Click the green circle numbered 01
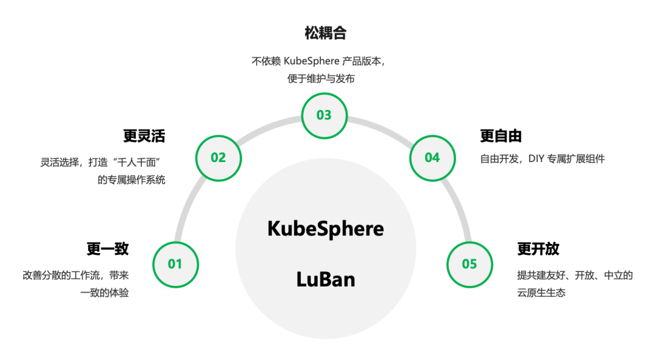[175, 265]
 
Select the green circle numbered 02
[218, 158]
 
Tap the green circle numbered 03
[324, 116]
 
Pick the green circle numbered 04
[432, 158]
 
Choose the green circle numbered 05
[469, 265]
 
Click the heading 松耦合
[325, 33]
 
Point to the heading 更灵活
[144, 136]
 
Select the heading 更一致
[108, 248]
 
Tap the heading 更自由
[501, 136]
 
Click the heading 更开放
[538, 248]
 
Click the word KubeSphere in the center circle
[325, 229]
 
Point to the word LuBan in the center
[325, 279]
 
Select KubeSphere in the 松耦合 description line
[312, 61]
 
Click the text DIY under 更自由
[537, 159]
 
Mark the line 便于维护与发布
[321, 79]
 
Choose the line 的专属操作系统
[131, 180]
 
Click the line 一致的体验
[105, 293]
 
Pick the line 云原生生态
[541, 293]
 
